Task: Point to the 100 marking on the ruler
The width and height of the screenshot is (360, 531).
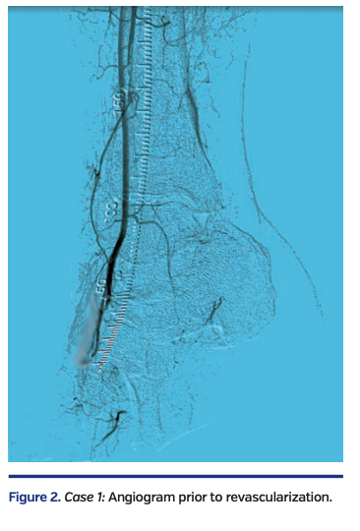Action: (111, 209)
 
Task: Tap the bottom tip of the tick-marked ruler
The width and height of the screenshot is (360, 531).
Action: (95, 367)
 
